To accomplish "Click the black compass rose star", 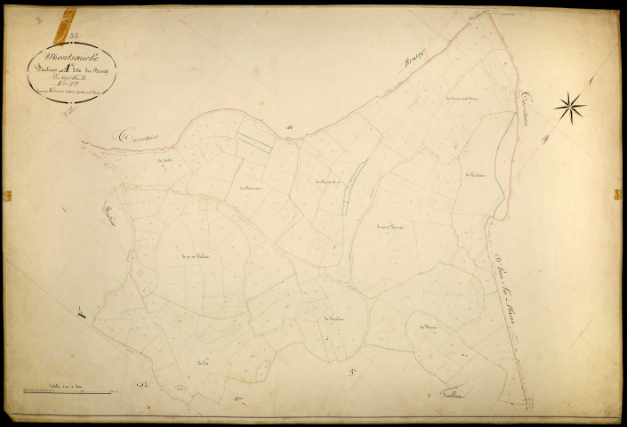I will [x=570, y=108].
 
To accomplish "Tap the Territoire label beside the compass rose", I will [x=525, y=98].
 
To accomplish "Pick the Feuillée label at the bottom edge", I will [x=454, y=395].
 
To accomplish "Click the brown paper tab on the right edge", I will [x=616, y=194].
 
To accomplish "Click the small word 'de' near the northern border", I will [x=290, y=130].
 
